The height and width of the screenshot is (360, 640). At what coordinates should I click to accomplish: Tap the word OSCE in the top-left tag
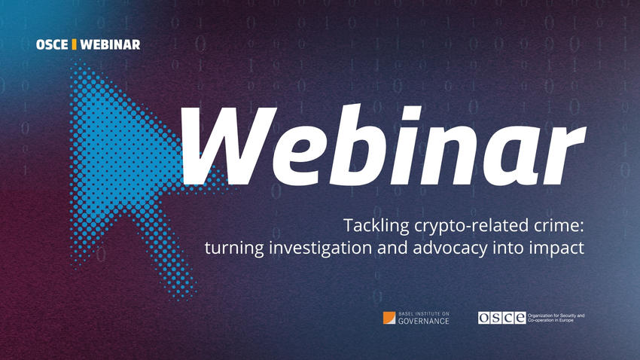point(52,44)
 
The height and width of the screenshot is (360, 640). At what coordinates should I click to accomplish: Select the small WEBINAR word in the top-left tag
point(110,44)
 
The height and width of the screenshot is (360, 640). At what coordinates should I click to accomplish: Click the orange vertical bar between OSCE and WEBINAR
point(74,44)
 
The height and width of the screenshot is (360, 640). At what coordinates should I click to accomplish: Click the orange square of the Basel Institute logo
point(389,318)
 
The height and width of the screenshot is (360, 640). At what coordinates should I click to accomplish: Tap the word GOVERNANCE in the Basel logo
point(424,321)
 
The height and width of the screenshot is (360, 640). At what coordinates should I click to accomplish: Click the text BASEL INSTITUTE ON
point(424,314)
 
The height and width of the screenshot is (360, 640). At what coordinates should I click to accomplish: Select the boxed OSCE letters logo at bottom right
point(502,318)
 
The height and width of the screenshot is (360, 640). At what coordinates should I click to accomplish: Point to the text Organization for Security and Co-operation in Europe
point(556,318)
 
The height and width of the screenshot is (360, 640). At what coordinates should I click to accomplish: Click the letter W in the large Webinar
point(229,145)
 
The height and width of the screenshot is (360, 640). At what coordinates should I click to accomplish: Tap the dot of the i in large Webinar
point(411,112)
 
